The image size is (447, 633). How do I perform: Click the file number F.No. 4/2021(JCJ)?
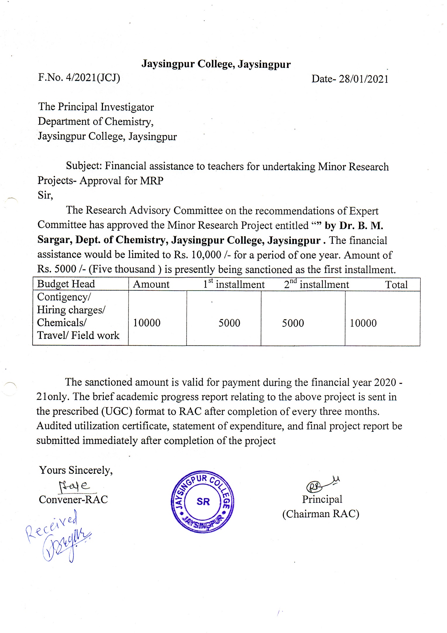79,78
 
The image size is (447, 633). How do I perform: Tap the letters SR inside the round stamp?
203,502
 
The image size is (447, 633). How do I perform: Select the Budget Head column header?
66,284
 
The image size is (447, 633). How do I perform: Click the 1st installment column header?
234,284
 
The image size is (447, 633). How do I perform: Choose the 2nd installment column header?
316,284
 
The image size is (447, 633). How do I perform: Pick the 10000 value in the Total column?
363,323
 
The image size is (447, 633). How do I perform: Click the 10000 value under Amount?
147,323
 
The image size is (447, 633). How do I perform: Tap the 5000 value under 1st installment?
229,323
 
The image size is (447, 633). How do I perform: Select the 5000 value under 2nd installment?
293,323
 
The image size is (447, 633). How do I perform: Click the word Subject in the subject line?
83,166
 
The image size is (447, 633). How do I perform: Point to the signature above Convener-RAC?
75,486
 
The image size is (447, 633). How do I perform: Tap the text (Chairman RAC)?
321,514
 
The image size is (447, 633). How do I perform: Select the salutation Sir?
45,195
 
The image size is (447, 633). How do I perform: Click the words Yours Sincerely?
76,470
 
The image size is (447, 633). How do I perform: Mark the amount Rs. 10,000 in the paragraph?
197,255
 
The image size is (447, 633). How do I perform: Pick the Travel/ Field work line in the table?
78,335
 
